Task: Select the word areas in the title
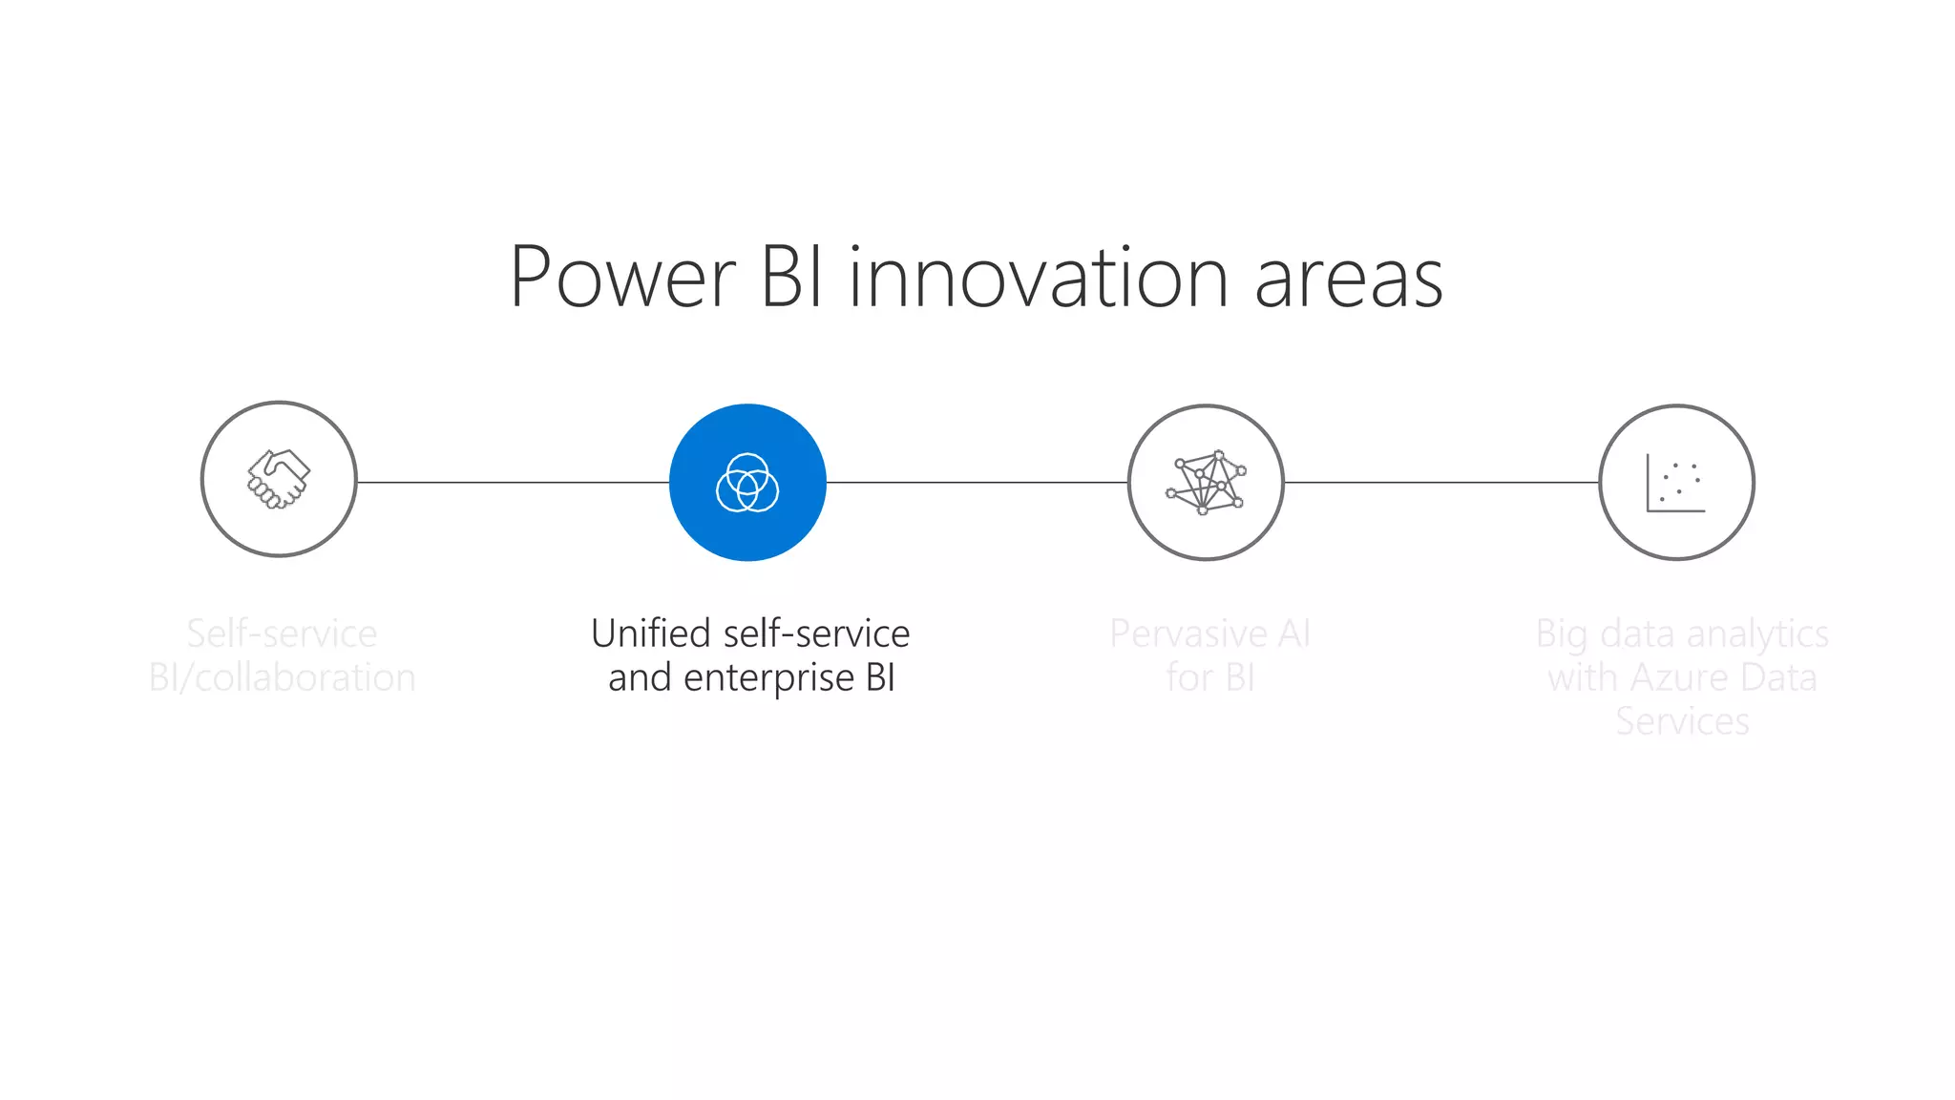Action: pyautogui.click(x=1348, y=280)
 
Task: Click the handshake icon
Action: pyautogui.click(x=279, y=479)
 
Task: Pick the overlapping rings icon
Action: pyautogui.click(x=747, y=483)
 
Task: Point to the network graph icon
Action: pyautogui.click(x=1206, y=483)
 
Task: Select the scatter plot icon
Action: pyautogui.click(x=1675, y=483)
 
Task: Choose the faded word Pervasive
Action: pyautogui.click(x=1188, y=633)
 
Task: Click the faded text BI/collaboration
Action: pyautogui.click(x=283, y=677)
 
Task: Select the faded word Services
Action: pyautogui.click(x=1682, y=721)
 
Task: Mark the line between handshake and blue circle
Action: pyautogui.click(x=513, y=482)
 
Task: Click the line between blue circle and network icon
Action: pyautogui.click(x=977, y=482)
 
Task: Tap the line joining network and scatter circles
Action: pyautogui.click(x=1441, y=482)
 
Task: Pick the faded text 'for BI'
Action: pyautogui.click(x=1209, y=677)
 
